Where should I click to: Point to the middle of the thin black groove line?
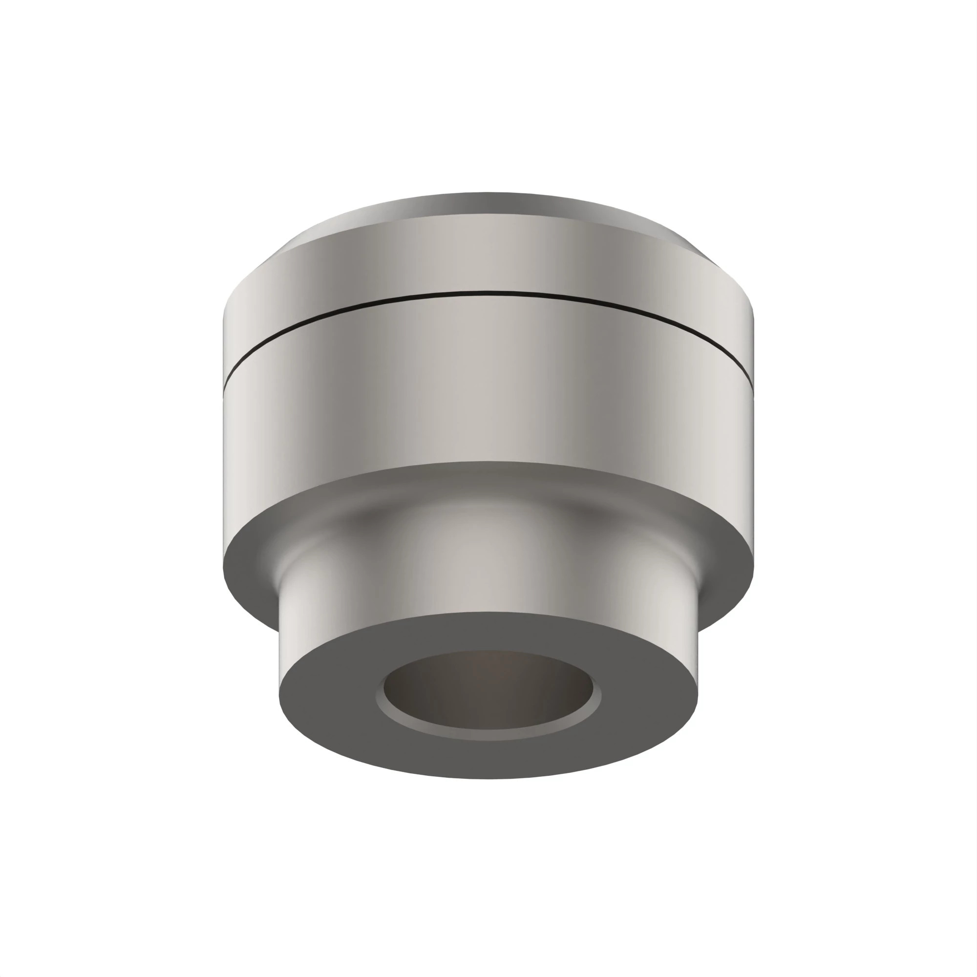pos(488,292)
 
